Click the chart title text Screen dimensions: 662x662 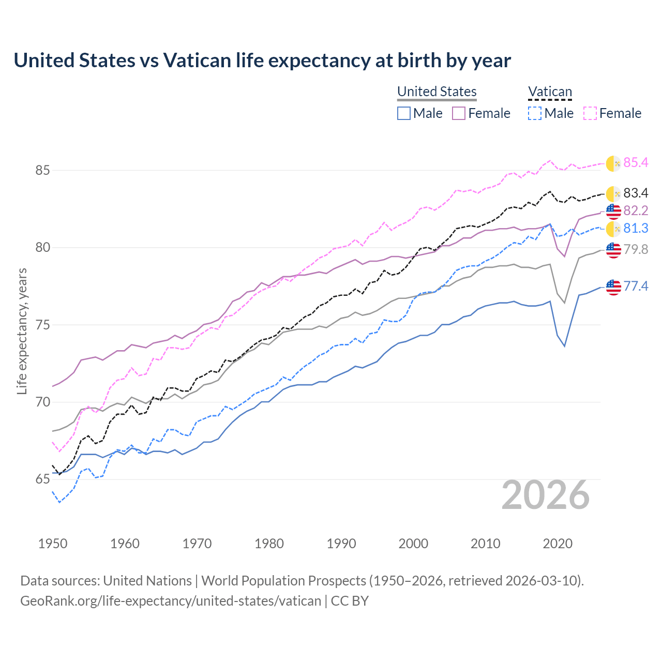[x=262, y=61]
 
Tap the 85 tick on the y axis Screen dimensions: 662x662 [x=42, y=170]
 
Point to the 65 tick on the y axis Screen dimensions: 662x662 [x=42, y=479]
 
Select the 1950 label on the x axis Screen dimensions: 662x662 [x=53, y=544]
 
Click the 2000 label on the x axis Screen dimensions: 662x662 [x=413, y=544]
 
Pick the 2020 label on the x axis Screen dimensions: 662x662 [x=558, y=544]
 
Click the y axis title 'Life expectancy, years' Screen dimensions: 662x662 [x=22, y=331]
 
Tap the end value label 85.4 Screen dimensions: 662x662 [x=636, y=162]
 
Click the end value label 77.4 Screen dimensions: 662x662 [x=636, y=286]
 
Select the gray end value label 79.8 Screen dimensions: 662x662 [x=636, y=249]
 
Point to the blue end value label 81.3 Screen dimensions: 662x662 [x=636, y=228]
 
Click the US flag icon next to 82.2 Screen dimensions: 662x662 [x=613, y=211]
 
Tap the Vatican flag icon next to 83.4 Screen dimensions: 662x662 [x=613, y=193]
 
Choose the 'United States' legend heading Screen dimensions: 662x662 [x=437, y=92]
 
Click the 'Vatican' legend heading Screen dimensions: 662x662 [x=550, y=92]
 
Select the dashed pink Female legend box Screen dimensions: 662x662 [x=590, y=113]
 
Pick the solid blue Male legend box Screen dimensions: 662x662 [x=404, y=113]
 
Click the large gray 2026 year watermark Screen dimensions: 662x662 [x=546, y=495]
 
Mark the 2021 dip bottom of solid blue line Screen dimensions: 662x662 [x=565, y=346]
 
